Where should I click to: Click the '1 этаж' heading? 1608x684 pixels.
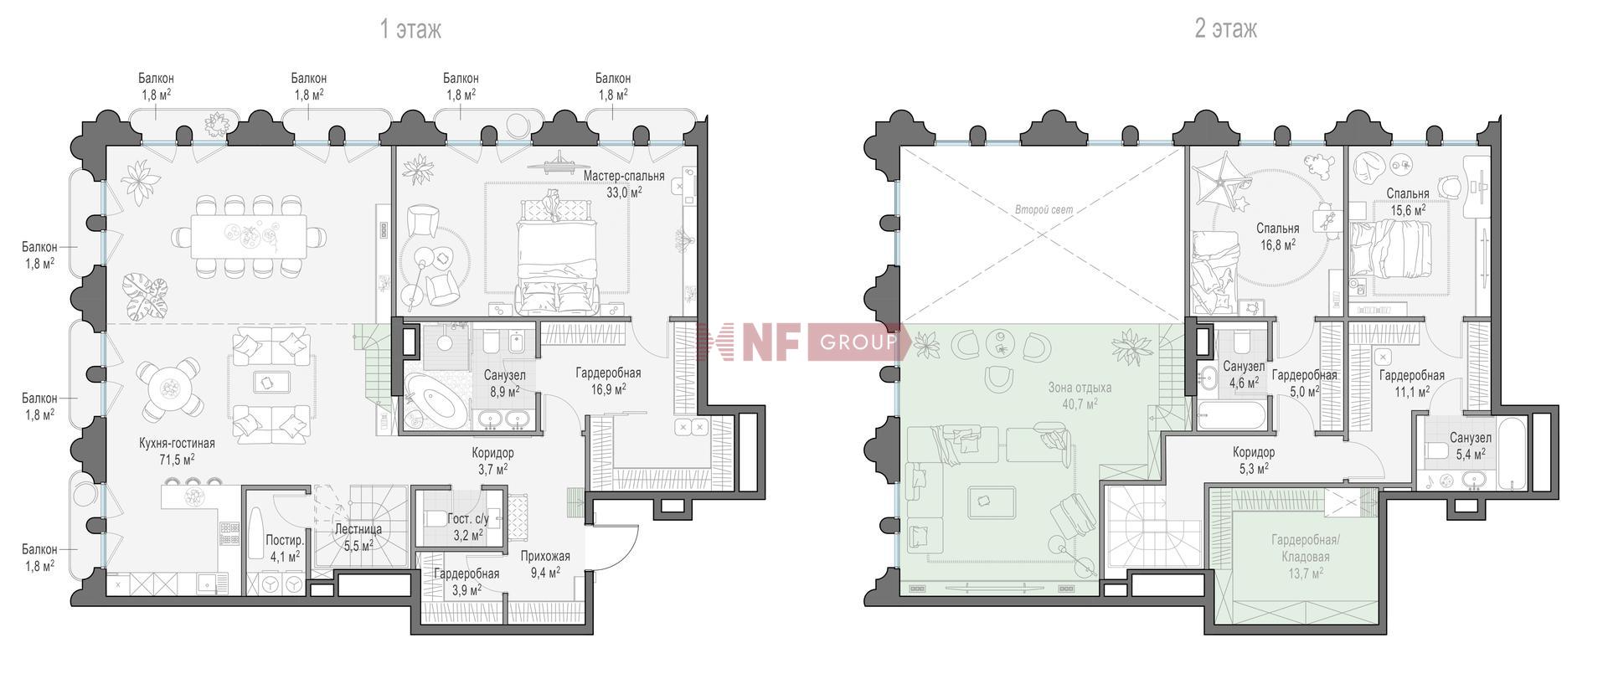[410, 29]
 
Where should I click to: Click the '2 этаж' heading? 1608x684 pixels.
[1225, 29]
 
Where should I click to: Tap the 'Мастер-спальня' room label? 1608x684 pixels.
[624, 176]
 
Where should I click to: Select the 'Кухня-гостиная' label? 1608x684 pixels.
[177, 443]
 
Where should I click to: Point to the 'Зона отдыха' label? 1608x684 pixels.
[1080, 388]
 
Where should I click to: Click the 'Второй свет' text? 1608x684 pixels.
[1044, 210]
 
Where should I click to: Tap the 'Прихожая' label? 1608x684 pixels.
[545, 556]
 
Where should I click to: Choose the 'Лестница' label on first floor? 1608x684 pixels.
[358, 529]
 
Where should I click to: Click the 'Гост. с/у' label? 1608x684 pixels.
[467, 519]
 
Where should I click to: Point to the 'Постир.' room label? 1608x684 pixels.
[285, 540]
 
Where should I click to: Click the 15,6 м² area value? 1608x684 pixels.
[1408, 210]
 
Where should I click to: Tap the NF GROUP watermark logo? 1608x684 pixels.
[802, 342]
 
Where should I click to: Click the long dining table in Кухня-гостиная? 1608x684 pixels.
[248, 237]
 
